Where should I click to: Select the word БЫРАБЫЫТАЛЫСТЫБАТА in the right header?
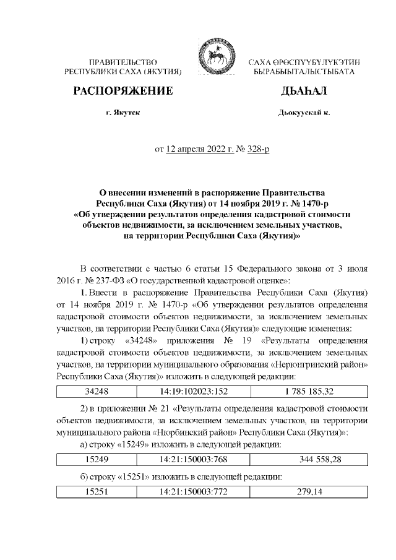point(300,72)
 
